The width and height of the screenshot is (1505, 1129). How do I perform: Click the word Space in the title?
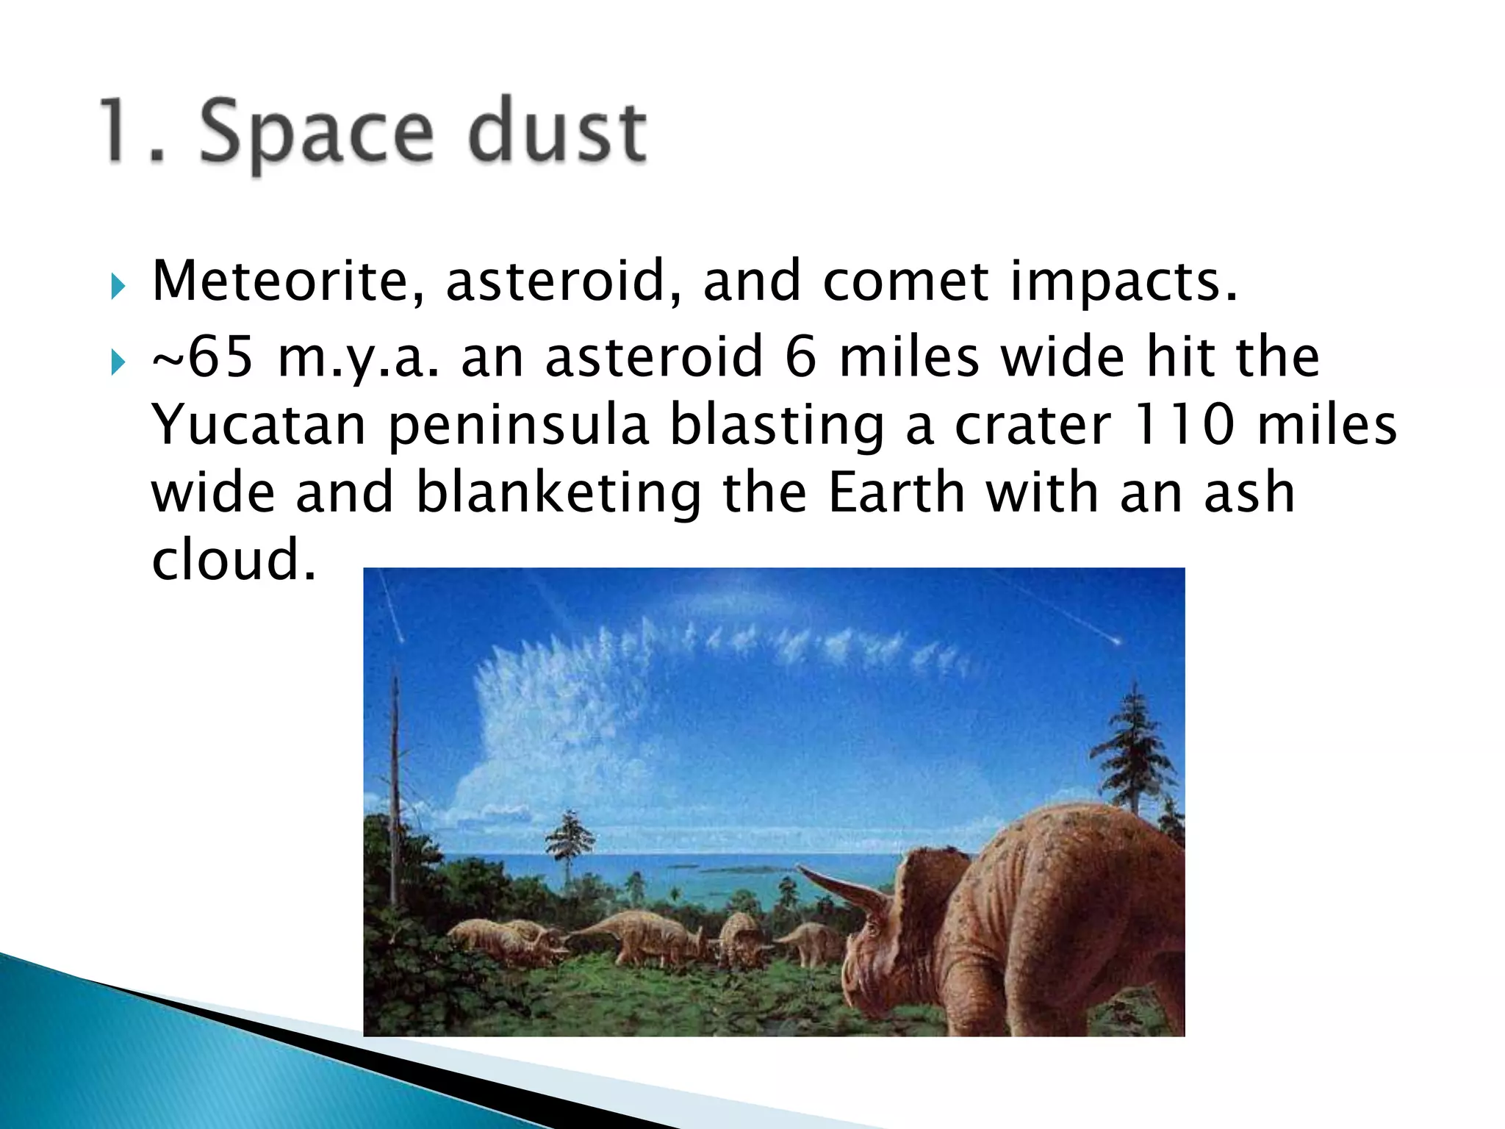(x=316, y=132)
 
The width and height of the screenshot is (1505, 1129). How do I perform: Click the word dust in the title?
(x=557, y=132)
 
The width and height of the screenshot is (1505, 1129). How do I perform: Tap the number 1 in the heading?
(x=118, y=132)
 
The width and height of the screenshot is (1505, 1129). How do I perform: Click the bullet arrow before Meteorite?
(x=118, y=286)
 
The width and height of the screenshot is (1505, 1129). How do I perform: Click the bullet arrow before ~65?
(x=118, y=362)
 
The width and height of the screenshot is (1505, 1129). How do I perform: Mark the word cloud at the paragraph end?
(x=234, y=560)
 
